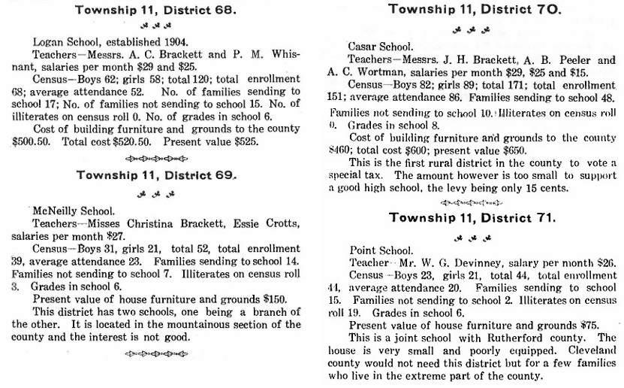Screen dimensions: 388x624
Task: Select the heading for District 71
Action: tap(472, 218)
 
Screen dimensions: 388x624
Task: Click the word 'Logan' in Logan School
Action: tap(49, 43)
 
